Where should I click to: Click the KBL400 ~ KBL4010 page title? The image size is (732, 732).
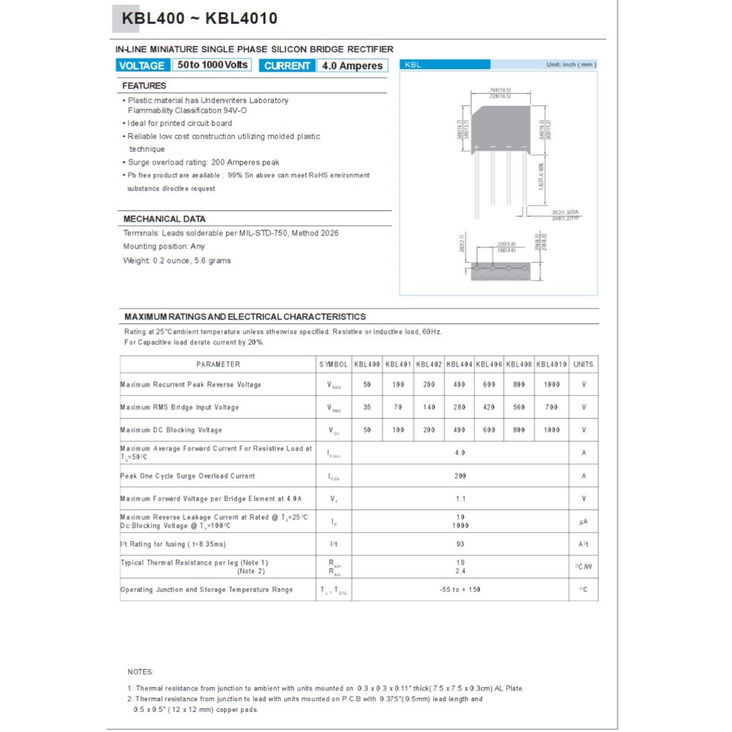pyautogui.click(x=199, y=19)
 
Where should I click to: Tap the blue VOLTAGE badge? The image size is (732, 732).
pyautogui.click(x=142, y=66)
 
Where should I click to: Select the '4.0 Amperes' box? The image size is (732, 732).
pyautogui.click(x=352, y=66)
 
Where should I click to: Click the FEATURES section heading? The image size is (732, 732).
pyautogui.click(x=144, y=86)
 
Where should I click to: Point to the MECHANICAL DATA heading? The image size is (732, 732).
pyautogui.click(x=164, y=219)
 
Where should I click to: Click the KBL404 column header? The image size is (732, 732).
pyautogui.click(x=459, y=365)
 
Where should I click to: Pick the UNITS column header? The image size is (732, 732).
pyautogui.click(x=583, y=365)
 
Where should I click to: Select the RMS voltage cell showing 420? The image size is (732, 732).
pyautogui.click(x=489, y=407)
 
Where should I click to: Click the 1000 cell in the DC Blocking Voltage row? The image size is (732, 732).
pyautogui.click(x=551, y=430)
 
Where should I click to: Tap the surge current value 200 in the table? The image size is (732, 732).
pyautogui.click(x=460, y=476)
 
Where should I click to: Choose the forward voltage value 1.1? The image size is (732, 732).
pyautogui.click(x=460, y=499)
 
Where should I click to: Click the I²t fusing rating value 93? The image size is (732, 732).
pyautogui.click(x=460, y=545)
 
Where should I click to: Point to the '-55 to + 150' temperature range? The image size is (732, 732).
pyautogui.click(x=460, y=590)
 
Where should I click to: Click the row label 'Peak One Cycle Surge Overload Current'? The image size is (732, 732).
pyautogui.click(x=187, y=476)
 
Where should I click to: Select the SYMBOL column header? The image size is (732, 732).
pyautogui.click(x=333, y=365)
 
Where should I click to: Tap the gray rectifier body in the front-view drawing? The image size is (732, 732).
pyautogui.click(x=501, y=126)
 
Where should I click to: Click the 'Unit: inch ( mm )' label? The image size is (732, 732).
pyautogui.click(x=570, y=65)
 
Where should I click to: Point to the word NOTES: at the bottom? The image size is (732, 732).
pyautogui.click(x=140, y=672)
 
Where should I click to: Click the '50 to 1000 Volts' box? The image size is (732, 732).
pyautogui.click(x=212, y=65)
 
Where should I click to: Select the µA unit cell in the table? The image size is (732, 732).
pyautogui.click(x=583, y=522)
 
